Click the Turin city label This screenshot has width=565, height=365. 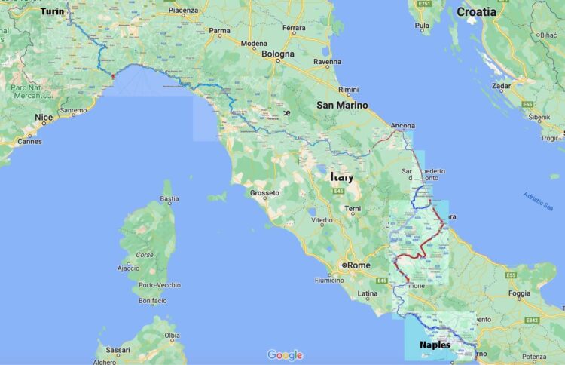(x=52, y=11)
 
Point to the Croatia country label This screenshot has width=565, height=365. (x=476, y=11)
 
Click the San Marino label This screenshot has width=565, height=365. (x=342, y=105)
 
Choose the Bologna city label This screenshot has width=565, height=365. (x=278, y=54)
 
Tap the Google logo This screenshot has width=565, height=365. (x=285, y=355)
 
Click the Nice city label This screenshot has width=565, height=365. (x=44, y=118)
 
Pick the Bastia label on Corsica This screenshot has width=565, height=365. (x=170, y=199)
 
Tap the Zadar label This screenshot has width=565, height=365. (x=502, y=86)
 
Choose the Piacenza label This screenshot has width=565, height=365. (x=183, y=11)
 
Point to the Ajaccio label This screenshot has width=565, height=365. (x=127, y=268)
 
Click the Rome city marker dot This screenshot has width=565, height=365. (x=344, y=265)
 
